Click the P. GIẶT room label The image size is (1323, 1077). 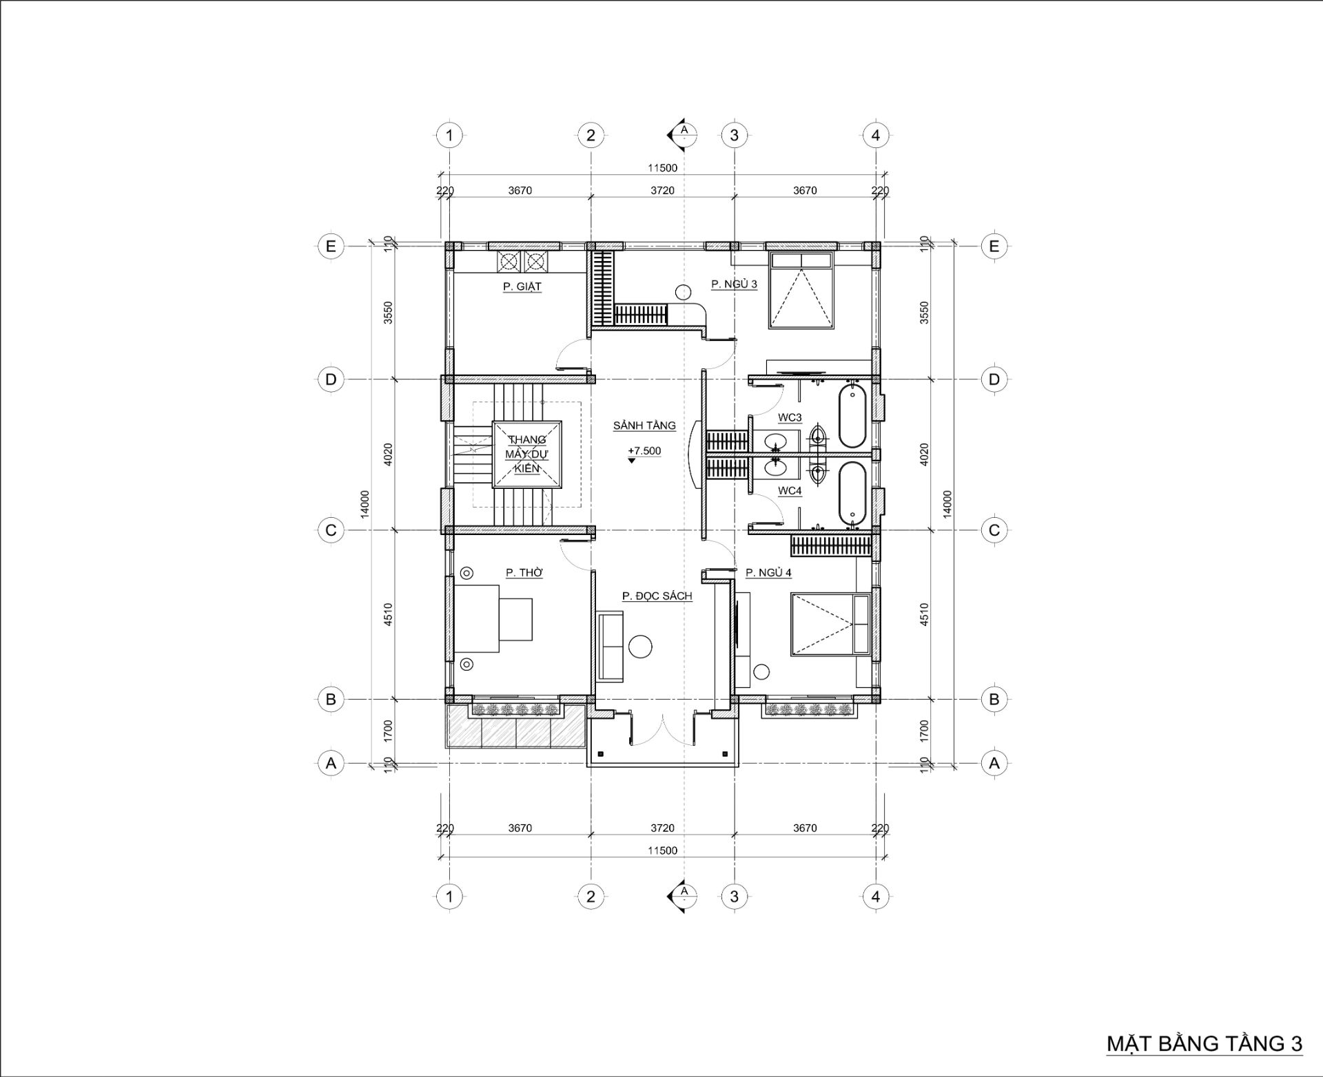coord(522,286)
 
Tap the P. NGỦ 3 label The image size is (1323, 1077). coord(734,284)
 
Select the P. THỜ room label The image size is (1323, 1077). coord(524,572)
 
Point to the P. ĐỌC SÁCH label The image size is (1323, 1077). coord(657,596)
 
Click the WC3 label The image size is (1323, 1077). coord(790,417)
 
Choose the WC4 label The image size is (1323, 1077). coord(790,491)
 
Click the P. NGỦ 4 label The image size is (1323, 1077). coord(768,572)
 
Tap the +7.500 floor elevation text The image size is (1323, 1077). coord(644,451)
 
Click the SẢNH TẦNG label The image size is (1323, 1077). coord(644,426)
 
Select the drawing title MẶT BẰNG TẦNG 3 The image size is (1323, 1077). coord(1204,1043)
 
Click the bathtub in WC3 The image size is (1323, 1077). coord(852,417)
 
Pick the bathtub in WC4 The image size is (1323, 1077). coord(852,493)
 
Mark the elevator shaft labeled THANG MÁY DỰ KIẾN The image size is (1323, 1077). coord(526,454)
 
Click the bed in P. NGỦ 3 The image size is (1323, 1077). coord(802,290)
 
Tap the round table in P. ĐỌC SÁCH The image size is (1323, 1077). coord(641,646)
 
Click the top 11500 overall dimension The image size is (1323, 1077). coord(662,167)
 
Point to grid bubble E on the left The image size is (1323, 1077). coord(331,246)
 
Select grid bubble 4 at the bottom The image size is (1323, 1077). coord(876,897)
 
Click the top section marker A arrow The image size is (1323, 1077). coord(680,135)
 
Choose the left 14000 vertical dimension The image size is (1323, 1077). coord(365,503)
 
